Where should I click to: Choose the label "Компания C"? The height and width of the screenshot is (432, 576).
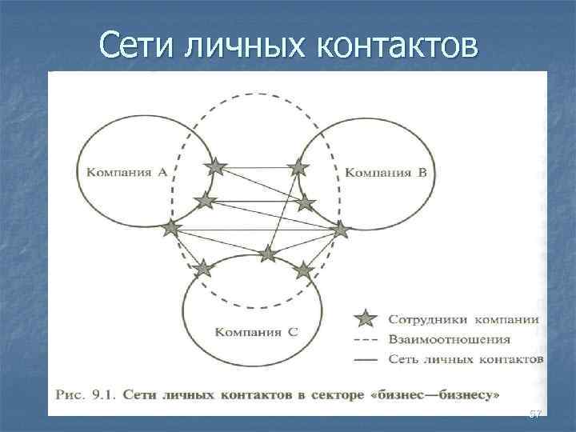258,330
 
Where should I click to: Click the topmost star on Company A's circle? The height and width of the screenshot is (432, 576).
215,166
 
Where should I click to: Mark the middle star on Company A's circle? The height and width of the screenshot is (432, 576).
206,200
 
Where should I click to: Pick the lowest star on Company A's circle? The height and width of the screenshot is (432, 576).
170,229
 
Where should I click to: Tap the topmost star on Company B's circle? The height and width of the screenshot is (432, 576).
298,167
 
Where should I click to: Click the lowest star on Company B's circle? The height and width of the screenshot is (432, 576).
341,230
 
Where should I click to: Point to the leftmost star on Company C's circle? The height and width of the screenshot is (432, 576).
203,267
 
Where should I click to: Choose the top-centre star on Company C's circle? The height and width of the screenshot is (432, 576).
267,254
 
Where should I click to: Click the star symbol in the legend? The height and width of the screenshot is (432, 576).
365,318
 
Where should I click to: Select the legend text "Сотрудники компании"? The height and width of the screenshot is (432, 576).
462,319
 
